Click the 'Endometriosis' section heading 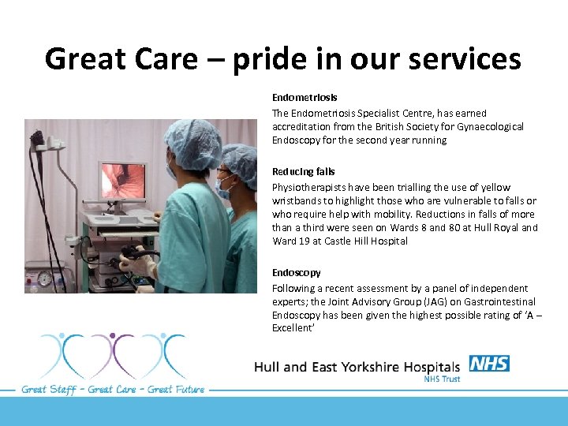point(305,97)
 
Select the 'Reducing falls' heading point(303,171)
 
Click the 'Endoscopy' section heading point(296,272)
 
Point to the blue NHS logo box point(489,364)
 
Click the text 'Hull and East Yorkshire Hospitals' point(357,367)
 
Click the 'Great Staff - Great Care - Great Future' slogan point(113,389)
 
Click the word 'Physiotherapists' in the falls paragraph point(309,187)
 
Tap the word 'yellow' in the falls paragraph point(495,187)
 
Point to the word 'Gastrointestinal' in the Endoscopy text point(499,301)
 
